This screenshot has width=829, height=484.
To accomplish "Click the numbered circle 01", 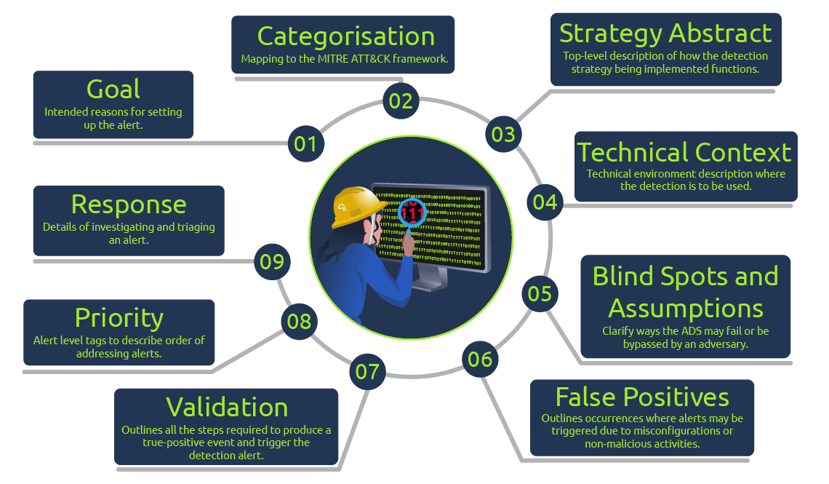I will click(305, 143).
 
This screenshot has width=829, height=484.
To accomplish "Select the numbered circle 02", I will click(401, 101).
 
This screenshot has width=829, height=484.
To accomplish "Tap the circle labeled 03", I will click(503, 134).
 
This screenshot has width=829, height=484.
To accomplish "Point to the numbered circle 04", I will click(545, 202).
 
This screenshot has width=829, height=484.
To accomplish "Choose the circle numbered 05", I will click(540, 293).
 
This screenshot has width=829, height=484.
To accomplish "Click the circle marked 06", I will click(480, 359).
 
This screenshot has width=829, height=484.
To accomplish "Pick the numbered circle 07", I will click(367, 372).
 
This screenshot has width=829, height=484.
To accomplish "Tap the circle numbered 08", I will click(299, 321).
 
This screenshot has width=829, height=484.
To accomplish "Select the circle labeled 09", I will click(272, 261).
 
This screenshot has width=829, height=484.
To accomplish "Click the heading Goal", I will click(113, 89).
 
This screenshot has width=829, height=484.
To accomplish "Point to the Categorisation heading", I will click(346, 36).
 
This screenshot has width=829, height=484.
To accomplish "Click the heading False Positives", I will click(642, 397).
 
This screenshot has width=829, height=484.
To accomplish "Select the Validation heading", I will click(227, 407).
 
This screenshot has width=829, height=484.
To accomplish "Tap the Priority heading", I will click(119, 318).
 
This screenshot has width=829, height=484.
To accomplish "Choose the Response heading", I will click(129, 204).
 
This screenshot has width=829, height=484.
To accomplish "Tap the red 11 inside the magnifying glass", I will click(412, 214).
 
